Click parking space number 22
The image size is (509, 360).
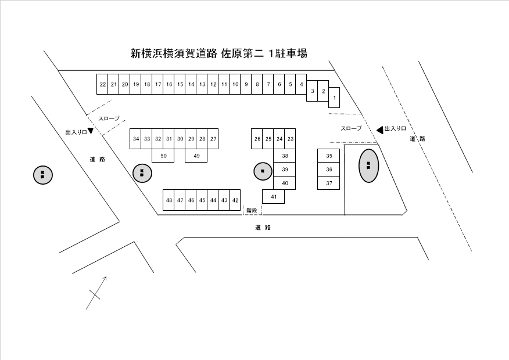[x=102, y=84]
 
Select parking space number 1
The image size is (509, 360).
[x=334, y=97]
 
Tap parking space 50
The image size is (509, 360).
[x=163, y=156]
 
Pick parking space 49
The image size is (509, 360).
[x=196, y=156]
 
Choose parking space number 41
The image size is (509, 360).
[x=273, y=197]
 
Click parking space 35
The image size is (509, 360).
[x=329, y=156]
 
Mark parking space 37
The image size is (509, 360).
[x=329, y=183]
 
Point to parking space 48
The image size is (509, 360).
[x=169, y=200]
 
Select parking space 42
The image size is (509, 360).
[x=235, y=200]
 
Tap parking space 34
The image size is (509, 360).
[x=136, y=139]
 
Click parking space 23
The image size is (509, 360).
[x=291, y=139]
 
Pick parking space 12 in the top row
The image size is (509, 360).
[x=213, y=84]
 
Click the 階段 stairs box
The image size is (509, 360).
[x=252, y=210]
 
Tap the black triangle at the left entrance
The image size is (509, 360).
[x=91, y=131]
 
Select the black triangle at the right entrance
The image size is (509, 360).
[x=379, y=129]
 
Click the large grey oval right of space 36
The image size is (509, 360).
[x=368, y=165]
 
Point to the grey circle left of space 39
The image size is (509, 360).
[x=263, y=171]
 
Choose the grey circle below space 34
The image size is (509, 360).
[x=141, y=172]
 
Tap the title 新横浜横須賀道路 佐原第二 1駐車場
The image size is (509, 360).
[x=218, y=54]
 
